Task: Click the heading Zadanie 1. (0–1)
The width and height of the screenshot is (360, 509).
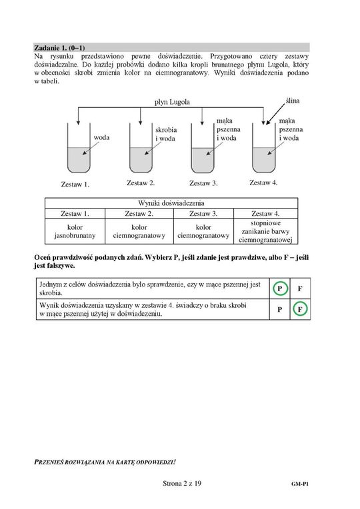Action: tap(59, 48)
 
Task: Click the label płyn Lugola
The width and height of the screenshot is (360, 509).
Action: tap(172, 102)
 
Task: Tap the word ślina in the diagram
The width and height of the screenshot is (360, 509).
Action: tap(293, 101)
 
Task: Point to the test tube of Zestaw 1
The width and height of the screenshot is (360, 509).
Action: tap(79, 148)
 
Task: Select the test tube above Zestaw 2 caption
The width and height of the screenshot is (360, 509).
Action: tap(141, 148)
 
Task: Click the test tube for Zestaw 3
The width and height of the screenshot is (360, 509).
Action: tap(203, 149)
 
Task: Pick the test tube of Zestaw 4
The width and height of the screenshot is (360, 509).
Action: tap(264, 148)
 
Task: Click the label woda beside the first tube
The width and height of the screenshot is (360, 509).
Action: tap(101, 137)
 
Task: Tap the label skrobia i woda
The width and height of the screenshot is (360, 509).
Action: tap(166, 134)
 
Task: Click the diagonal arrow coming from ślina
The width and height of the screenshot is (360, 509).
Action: tap(275, 115)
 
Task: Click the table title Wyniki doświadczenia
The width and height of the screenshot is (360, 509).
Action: tap(171, 203)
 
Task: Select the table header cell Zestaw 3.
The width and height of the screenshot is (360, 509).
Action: tap(203, 214)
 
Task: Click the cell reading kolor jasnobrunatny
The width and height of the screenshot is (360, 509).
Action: tap(75, 231)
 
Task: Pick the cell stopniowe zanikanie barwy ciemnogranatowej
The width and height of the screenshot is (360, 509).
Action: tap(265, 231)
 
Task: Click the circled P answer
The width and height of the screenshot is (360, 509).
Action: tap(279, 288)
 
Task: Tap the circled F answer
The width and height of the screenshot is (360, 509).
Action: tap(300, 309)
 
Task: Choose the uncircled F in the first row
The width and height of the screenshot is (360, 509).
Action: tap(300, 288)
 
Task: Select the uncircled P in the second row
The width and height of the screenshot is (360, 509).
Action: tap(279, 309)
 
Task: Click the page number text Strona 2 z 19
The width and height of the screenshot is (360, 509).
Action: tap(182, 484)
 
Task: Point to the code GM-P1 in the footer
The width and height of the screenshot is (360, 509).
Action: tap(300, 484)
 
